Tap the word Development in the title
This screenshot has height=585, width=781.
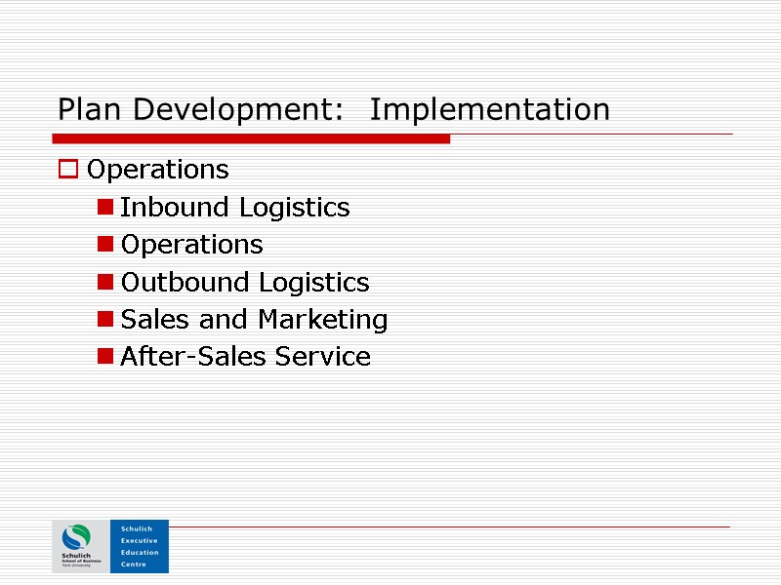pyautogui.click(x=234, y=109)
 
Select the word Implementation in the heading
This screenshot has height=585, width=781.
pyautogui.click(x=490, y=109)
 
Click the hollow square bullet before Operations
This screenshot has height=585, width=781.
pyautogui.click(x=67, y=170)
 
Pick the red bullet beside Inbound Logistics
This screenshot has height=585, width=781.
pyautogui.click(x=104, y=208)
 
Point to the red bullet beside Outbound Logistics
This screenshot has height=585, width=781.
pyautogui.click(x=104, y=283)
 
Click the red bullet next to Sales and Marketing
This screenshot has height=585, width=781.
pyautogui.click(x=104, y=320)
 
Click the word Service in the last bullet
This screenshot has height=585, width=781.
pyautogui.click(x=323, y=357)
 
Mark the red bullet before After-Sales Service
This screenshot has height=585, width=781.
pyautogui.click(x=104, y=357)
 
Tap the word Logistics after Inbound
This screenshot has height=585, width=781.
pyautogui.click(x=294, y=208)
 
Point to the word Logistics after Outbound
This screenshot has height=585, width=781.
pyautogui.click(x=313, y=283)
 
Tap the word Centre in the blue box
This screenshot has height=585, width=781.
pyautogui.click(x=133, y=564)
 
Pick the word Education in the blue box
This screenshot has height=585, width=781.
pyautogui.click(x=139, y=552)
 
